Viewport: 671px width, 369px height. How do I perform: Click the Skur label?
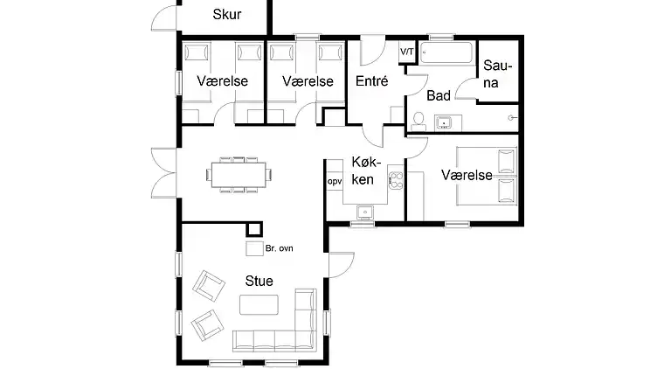click(227, 15)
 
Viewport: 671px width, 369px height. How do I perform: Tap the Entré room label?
click(371, 80)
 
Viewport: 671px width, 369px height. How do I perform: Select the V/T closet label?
click(407, 52)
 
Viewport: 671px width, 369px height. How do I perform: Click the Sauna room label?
click(497, 73)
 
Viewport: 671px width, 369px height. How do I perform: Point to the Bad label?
click(439, 95)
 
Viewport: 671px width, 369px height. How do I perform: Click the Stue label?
click(259, 281)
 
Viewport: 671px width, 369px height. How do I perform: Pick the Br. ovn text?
click(279, 248)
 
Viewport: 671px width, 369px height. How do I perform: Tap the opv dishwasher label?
click(335, 182)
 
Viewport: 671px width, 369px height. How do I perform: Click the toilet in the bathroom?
click(419, 122)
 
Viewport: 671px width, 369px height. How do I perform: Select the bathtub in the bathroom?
click(447, 52)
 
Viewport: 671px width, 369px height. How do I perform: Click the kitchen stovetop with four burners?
click(396, 180)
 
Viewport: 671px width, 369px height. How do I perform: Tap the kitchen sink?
click(365, 212)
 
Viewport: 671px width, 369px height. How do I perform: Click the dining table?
click(239, 175)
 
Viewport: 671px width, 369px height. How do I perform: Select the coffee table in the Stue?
click(259, 305)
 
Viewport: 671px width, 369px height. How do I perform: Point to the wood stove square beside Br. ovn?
click(254, 248)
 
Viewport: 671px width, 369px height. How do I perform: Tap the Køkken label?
click(365, 171)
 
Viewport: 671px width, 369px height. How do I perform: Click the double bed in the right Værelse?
click(487, 176)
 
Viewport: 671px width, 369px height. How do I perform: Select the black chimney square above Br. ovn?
click(254, 229)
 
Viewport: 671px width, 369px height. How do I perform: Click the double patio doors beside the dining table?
click(164, 173)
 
